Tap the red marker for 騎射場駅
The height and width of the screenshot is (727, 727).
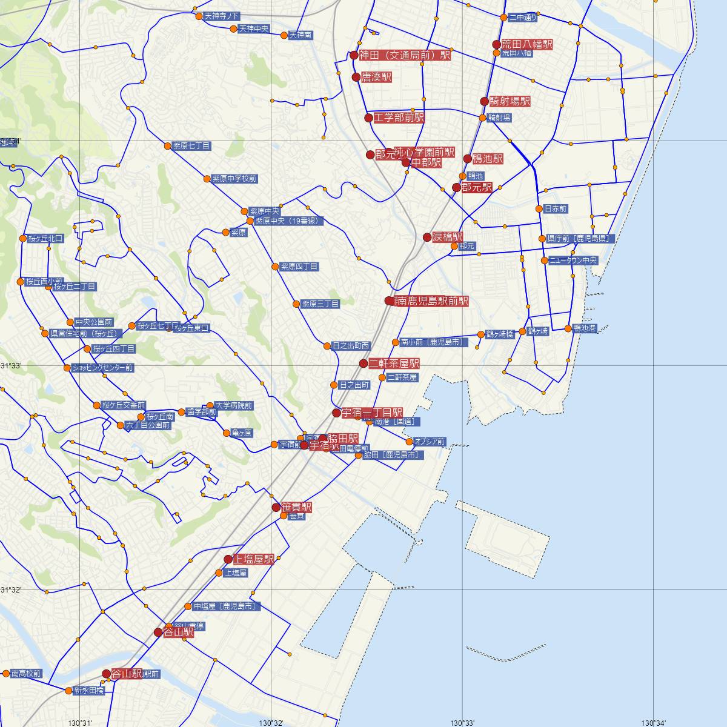point(484,101)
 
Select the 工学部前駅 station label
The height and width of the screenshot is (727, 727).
point(399,118)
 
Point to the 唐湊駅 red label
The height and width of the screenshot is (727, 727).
point(376,77)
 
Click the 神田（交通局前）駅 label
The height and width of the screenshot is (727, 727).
point(405,55)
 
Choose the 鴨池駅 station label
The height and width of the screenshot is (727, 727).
point(488,159)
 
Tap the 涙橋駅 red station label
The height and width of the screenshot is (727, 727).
point(448,237)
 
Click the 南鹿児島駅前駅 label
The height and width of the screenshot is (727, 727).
point(431,301)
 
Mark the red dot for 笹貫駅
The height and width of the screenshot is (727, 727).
point(276,507)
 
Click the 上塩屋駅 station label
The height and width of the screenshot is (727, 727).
point(253,559)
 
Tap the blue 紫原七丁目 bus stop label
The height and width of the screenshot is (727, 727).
point(191,146)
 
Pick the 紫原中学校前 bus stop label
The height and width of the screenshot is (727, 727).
point(234,179)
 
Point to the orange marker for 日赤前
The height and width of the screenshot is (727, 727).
point(539,209)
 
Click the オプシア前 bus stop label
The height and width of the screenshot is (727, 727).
point(430,442)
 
